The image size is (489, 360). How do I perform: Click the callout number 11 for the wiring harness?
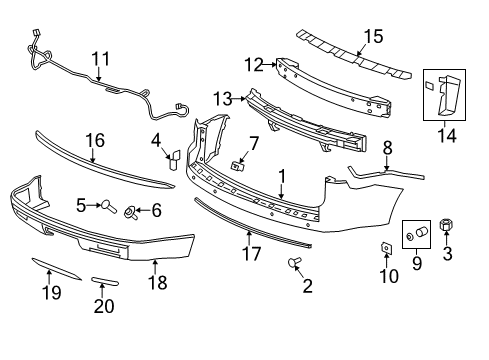[100, 60]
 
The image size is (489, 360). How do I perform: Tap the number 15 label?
[372, 36]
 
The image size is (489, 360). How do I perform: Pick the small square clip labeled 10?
[385, 248]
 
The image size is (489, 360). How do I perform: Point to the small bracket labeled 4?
[172, 156]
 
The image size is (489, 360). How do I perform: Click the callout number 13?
[221, 99]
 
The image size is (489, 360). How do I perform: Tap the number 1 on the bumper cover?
[283, 176]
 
